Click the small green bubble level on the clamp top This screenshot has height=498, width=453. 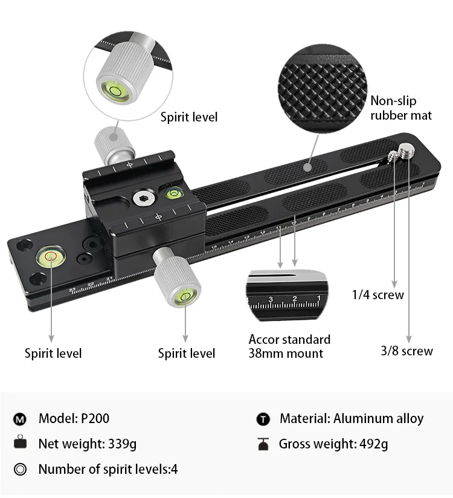(174, 194)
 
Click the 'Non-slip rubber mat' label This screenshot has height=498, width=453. (401, 108)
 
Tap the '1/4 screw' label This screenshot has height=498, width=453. (378, 295)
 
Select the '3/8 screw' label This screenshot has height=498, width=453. (406, 351)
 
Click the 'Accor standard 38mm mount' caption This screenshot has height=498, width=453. (289, 346)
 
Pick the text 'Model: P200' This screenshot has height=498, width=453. (74, 418)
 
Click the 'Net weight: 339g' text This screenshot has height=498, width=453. (87, 444)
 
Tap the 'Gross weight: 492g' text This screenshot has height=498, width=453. (333, 444)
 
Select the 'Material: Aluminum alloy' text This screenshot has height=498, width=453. (352, 418)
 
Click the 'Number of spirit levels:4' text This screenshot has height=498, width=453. (108, 469)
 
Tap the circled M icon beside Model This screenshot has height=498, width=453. (21, 419)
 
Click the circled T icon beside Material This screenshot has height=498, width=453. (263, 419)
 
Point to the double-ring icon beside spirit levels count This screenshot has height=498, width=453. (21, 470)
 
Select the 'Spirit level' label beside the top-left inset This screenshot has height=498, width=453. (189, 117)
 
